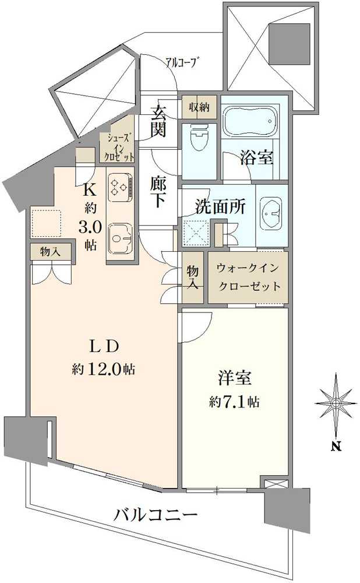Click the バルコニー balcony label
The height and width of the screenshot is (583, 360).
click(156, 515)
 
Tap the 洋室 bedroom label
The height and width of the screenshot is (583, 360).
click(235, 378)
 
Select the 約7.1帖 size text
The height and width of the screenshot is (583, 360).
click(235, 402)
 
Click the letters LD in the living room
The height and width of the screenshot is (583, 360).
click(104, 346)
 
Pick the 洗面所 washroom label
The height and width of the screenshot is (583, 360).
click(216, 206)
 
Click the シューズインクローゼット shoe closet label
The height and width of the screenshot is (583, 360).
click(119, 147)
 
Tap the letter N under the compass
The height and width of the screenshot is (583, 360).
click(336, 447)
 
